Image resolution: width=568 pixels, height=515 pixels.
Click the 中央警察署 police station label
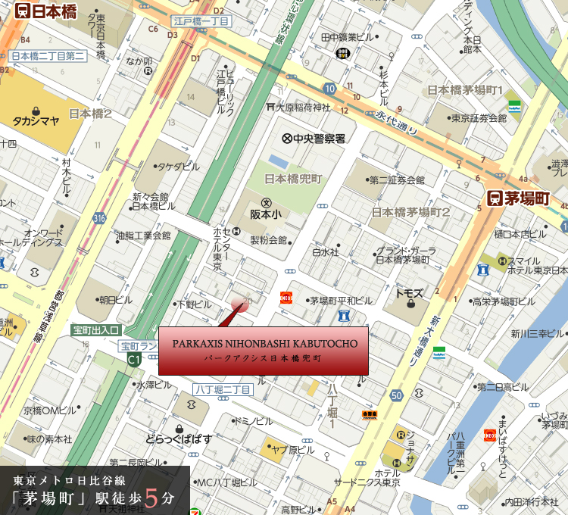[314, 139]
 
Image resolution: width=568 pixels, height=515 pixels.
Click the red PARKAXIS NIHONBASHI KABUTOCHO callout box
[264, 350]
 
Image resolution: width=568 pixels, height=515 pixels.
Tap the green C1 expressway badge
[134, 360]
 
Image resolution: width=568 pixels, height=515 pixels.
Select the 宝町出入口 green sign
[96, 330]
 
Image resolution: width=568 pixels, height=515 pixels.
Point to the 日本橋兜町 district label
[294, 179]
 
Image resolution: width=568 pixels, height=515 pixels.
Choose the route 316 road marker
[99, 218]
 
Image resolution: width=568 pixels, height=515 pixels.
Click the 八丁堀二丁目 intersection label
[222, 389]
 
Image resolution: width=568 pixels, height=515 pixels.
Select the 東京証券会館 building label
[478, 118]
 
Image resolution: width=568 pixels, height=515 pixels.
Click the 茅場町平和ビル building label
[337, 300]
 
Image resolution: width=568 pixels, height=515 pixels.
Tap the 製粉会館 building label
[269, 241]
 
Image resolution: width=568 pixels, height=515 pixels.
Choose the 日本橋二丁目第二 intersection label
[47, 55]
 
